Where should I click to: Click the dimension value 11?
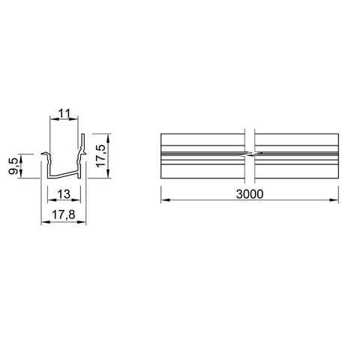point(64,113)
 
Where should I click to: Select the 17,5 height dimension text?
point(101,155)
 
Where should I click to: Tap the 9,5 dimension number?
point(13,166)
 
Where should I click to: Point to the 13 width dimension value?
point(64,194)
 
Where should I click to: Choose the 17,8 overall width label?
point(64,214)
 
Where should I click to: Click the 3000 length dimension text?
point(250,194)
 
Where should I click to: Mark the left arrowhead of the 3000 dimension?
point(165,200)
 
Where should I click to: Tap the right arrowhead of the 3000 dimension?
point(334,200)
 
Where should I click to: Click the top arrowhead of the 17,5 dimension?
point(108,138)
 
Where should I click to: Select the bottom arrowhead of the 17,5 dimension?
point(108,173)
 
